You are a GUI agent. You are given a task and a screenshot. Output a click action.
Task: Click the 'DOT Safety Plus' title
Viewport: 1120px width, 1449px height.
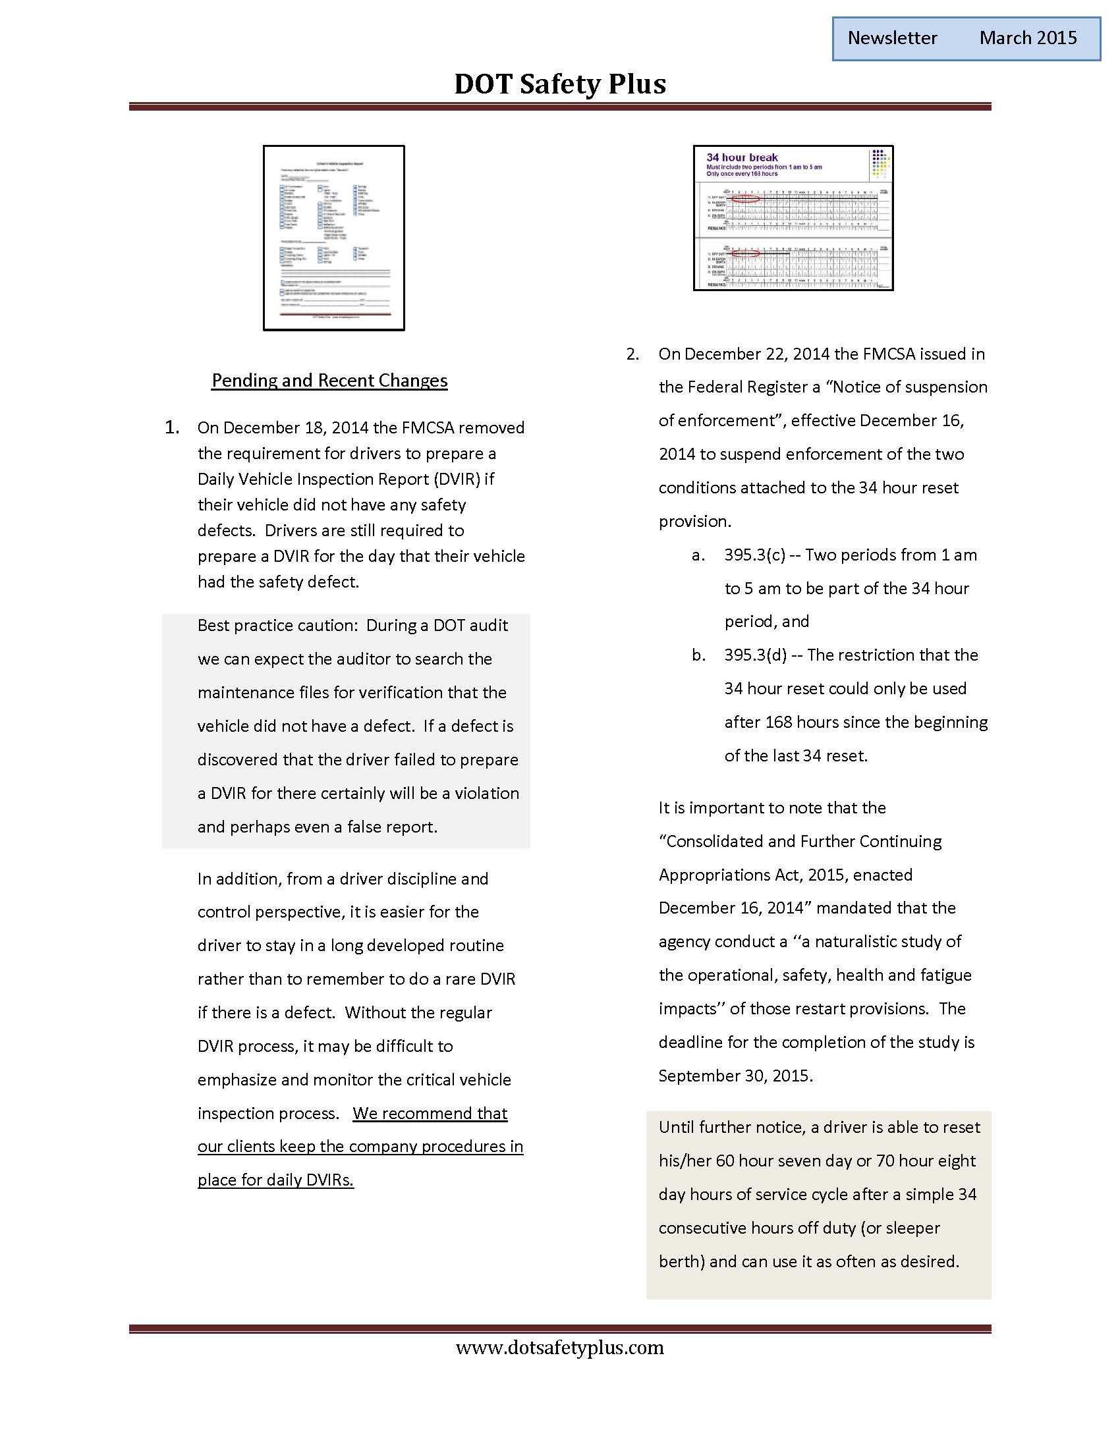559,84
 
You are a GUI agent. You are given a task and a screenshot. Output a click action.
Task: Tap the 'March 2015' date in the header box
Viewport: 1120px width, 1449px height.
1028,38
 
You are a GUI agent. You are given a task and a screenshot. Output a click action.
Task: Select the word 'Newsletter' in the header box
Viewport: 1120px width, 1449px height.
892,38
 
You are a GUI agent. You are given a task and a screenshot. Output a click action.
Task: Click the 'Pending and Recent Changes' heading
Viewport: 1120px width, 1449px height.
329,380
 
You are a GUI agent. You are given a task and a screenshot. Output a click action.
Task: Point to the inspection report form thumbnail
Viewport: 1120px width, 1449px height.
334,238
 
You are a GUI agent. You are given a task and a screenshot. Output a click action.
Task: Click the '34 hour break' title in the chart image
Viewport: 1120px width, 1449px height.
742,157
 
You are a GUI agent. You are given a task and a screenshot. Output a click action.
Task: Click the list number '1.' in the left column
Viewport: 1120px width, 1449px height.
172,427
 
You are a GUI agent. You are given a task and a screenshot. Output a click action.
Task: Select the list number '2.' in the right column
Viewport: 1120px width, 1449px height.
632,354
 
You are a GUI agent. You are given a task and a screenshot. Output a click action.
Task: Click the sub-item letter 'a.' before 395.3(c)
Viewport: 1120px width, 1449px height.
698,555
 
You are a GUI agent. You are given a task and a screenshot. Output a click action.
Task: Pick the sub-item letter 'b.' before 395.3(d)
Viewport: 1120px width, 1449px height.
698,655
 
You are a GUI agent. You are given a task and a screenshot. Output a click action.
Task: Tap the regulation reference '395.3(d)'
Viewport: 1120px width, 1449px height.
755,655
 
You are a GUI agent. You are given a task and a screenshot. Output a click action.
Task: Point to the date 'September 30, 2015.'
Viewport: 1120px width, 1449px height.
735,1076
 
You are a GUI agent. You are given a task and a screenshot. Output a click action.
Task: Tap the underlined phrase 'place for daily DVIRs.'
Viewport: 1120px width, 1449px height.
275,1180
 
